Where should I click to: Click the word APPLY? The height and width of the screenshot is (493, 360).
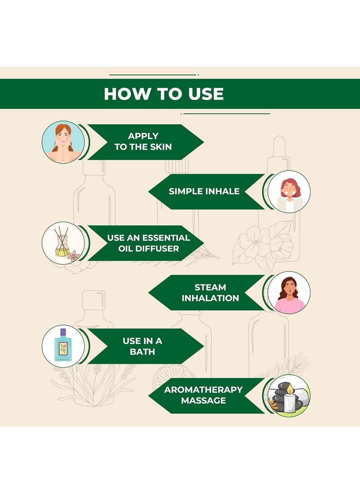[x=143, y=136]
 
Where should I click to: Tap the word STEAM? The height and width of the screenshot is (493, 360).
[x=210, y=287]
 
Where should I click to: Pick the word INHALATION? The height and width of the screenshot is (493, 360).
[x=210, y=298]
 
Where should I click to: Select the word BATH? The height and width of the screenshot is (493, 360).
[x=143, y=351]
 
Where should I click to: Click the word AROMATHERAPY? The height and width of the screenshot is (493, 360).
[x=203, y=390]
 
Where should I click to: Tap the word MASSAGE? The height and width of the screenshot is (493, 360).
[x=203, y=400]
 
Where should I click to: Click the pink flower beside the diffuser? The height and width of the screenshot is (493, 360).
[x=73, y=255]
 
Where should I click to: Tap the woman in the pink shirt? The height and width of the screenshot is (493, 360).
[x=289, y=295]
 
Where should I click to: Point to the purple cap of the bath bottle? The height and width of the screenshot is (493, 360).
[x=63, y=332]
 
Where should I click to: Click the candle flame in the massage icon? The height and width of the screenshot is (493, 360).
[x=289, y=390]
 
